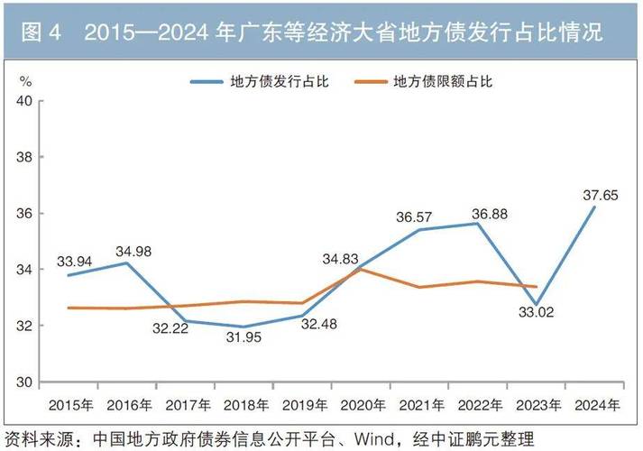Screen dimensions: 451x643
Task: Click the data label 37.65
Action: coord(599,194)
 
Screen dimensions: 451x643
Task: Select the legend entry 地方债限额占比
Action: coord(443,80)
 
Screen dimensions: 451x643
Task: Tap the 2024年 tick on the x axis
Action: coord(595,401)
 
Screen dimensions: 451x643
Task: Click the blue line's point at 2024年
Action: coord(595,207)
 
